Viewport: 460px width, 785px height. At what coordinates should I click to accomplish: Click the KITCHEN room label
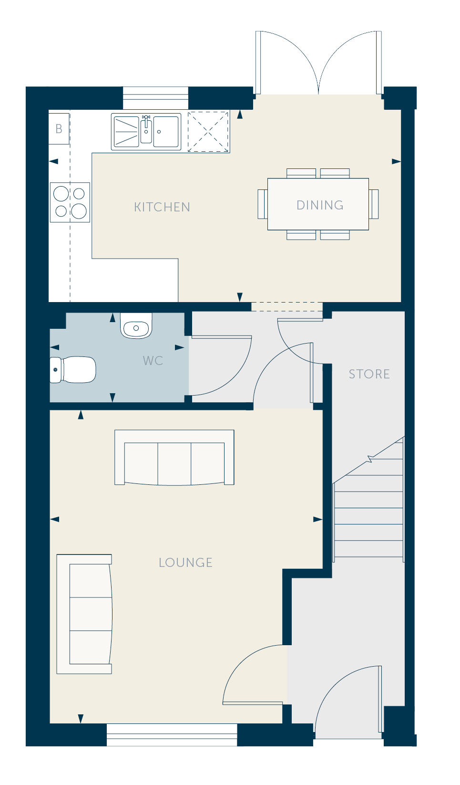point(162,207)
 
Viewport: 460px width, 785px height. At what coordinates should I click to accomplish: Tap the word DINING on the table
point(320,205)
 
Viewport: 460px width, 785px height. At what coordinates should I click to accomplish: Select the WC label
point(153,361)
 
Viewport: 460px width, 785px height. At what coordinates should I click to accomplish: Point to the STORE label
point(369,374)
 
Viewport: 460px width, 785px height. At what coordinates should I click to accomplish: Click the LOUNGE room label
point(185,563)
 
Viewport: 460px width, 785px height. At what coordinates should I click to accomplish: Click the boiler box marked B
point(59,129)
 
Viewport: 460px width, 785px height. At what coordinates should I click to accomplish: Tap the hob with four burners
point(70,202)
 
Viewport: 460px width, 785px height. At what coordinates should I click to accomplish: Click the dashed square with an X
point(208,132)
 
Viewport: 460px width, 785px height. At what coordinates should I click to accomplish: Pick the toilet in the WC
point(73,370)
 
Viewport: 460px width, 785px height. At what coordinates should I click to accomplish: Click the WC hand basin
point(136,326)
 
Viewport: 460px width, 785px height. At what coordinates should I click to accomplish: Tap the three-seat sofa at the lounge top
point(174,458)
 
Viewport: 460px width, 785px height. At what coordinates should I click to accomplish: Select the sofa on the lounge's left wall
point(84,614)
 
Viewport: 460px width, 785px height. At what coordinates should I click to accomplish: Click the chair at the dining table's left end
point(263,204)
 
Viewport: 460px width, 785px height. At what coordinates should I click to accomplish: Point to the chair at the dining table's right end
point(374,204)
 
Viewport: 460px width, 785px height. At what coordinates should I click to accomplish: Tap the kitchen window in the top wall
point(155,98)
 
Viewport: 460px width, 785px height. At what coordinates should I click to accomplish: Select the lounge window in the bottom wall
point(172,735)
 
